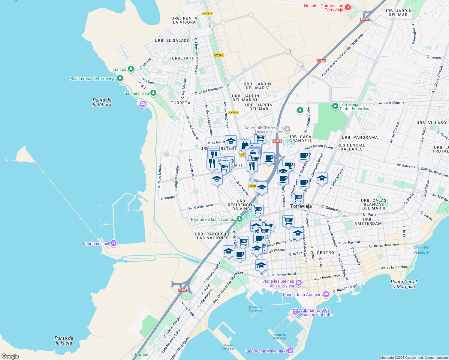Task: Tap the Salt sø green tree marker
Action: point(131,69)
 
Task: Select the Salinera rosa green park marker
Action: point(153,93)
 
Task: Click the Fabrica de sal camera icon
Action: point(113,243)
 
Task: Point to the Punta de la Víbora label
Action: point(102,102)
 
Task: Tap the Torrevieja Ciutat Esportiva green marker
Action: point(335,106)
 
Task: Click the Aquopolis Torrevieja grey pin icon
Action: point(287,129)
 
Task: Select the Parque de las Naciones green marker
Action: point(239,219)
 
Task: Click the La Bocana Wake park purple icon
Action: point(290,350)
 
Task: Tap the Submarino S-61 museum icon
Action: point(296,312)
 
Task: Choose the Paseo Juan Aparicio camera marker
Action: point(326,295)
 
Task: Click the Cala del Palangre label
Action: point(421,250)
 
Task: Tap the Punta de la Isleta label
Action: point(64,340)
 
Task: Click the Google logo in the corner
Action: point(10,356)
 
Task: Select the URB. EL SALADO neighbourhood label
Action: point(172,40)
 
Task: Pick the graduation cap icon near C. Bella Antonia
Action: point(322,178)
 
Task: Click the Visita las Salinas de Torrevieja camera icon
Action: point(299,283)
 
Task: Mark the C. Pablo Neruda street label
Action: point(160,176)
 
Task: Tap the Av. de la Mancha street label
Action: point(391,103)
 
